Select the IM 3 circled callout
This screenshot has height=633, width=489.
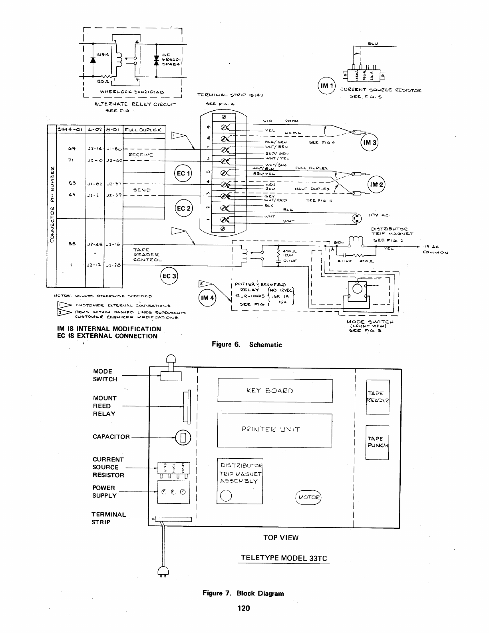tap(369, 143)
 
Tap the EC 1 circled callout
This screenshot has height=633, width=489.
tap(184, 173)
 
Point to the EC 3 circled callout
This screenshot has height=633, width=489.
tap(169, 276)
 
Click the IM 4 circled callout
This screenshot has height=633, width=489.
tap(207, 298)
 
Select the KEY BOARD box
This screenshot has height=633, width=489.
tap(275, 390)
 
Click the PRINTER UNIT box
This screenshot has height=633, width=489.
tap(275, 430)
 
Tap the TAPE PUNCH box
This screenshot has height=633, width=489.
tap(377, 442)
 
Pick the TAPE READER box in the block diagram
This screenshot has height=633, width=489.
tap(378, 397)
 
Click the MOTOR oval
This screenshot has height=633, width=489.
tap(308, 498)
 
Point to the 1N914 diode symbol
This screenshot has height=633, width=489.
tap(93, 60)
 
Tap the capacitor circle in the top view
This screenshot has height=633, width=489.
tap(183, 437)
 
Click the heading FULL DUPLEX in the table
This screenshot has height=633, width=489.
tap(143, 130)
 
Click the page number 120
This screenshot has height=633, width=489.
tap(244, 608)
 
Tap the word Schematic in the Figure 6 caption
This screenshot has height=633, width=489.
tap(265, 344)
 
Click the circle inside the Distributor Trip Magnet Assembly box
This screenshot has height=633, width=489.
tap(226, 496)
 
